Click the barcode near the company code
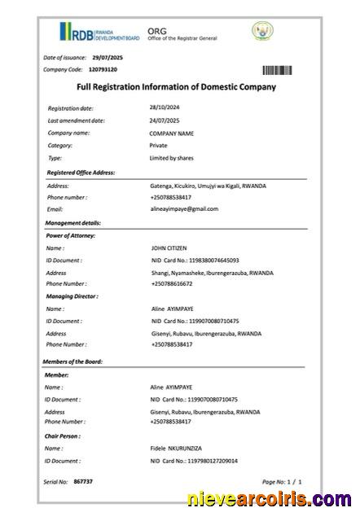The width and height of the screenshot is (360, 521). coord(277,70)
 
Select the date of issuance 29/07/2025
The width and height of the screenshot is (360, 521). coord(107,57)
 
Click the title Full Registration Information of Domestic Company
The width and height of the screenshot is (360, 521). coord(176,87)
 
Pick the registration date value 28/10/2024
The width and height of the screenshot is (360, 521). coord(165,107)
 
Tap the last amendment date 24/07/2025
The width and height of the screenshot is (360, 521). coord(165,120)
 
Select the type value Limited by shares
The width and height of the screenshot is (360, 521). coord(171,158)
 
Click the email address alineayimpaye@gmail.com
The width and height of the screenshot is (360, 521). coord(184,209)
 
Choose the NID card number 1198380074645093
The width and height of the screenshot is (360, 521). coord(195,260)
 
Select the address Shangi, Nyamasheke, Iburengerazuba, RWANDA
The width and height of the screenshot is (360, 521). coord(212,273)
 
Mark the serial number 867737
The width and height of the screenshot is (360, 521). coord(83,482)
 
